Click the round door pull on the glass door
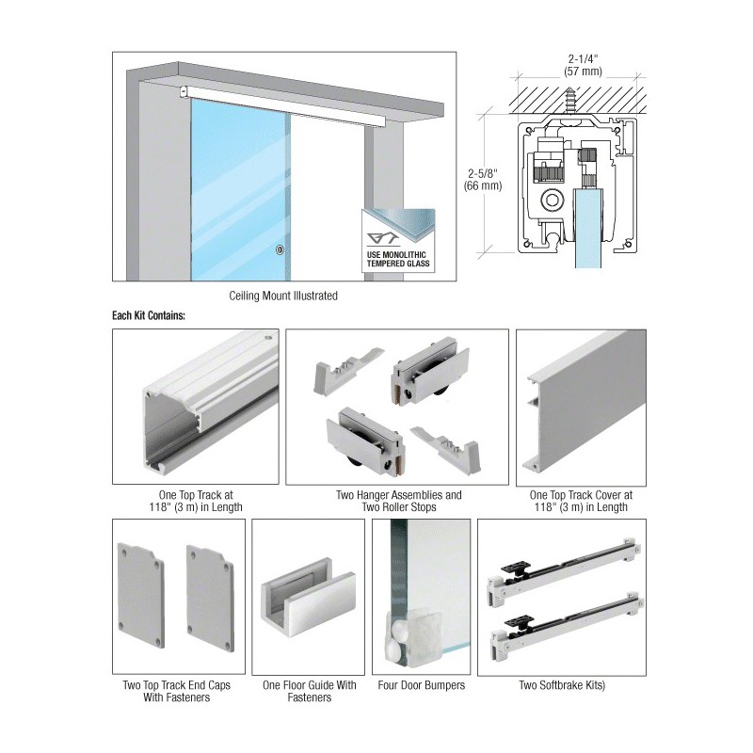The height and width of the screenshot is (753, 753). tap(280, 249)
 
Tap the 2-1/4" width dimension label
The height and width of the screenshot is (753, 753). tap(583, 65)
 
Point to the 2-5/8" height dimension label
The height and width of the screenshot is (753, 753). tap(483, 179)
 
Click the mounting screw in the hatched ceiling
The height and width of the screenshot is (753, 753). tap(571, 102)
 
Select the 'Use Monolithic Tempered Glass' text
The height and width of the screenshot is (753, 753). tap(398, 259)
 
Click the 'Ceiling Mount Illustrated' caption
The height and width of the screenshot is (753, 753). tap(283, 296)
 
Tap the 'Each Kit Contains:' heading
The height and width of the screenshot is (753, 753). tap(149, 315)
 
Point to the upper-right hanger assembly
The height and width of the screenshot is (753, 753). tap(430, 371)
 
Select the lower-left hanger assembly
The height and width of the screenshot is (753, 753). tap(366, 441)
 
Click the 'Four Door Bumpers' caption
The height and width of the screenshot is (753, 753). tap(421, 685)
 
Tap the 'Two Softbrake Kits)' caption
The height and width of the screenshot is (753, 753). tap(562, 685)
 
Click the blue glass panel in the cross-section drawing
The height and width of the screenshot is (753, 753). tap(589, 228)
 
